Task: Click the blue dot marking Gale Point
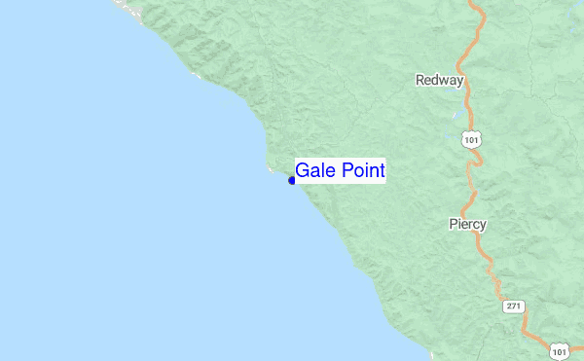pyautogui.click(x=292, y=180)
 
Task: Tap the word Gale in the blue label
pyautogui.click(x=315, y=170)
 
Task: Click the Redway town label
pyautogui.click(x=439, y=80)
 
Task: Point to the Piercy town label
pyautogui.click(x=467, y=224)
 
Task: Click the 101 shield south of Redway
pyautogui.click(x=472, y=140)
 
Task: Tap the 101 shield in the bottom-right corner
pyautogui.click(x=558, y=349)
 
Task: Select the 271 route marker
pyautogui.click(x=514, y=306)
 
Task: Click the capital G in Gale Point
pyautogui.click(x=303, y=170)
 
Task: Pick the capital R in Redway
pyautogui.click(x=420, y=80)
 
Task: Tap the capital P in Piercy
pyautogui.click(x=453, y=224)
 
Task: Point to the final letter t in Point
pyautogui.click(x=383, y=170)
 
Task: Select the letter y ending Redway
pyautogui.click(x=459, y=82)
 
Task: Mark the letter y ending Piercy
pyautogui.click(x=483, y=226)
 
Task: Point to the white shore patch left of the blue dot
pyautogui.click(x=271, y=170)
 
